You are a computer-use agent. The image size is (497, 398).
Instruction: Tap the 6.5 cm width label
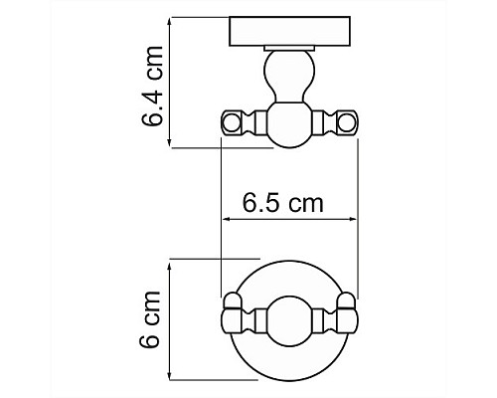(x=284, y=204)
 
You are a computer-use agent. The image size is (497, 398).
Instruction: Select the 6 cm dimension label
(x=151, y=323)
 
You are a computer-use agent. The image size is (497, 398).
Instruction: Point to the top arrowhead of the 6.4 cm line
(x=170, y=20)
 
